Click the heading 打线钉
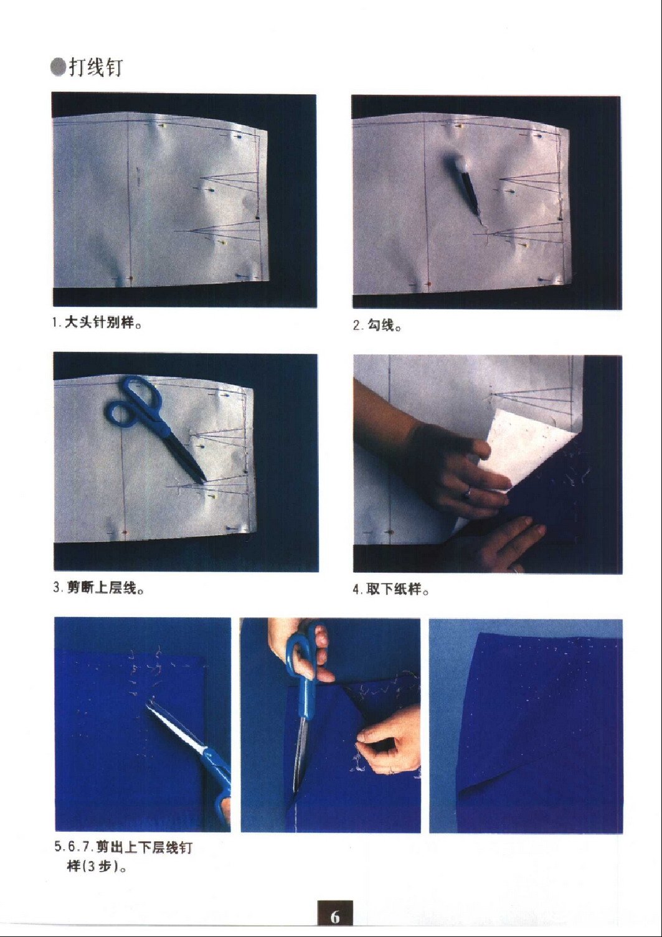(95, 67)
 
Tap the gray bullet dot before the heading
(58, 68)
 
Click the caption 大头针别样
(100, 323)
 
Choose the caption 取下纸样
(394, 590)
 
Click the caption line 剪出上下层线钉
(144, 847)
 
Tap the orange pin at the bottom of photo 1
(130, 277)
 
